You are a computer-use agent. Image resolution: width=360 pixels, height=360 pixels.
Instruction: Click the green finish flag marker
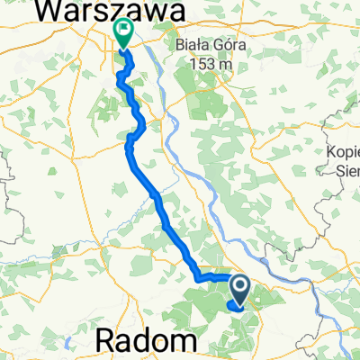point(122,33)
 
